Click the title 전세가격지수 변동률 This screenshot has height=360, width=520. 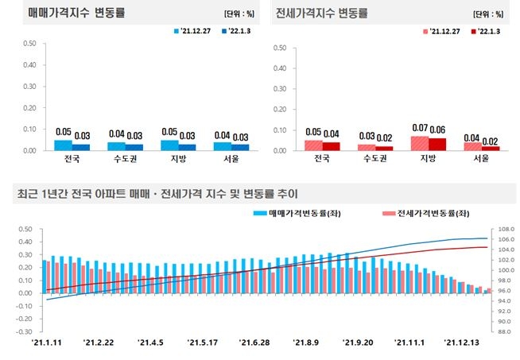coord(322,14)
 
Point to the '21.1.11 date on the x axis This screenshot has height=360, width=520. coord(47,343)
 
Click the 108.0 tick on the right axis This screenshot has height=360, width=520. coord(506,229)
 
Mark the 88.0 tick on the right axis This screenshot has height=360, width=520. coord(505,331)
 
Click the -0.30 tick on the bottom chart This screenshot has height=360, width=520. coord(23,331)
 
